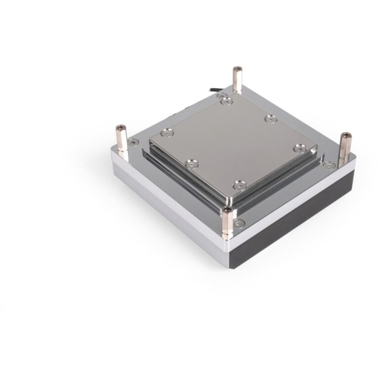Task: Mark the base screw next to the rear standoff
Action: tap(226, 94)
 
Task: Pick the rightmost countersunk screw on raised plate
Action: tap(298, 149)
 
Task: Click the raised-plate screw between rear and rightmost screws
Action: tap(269, 118)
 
